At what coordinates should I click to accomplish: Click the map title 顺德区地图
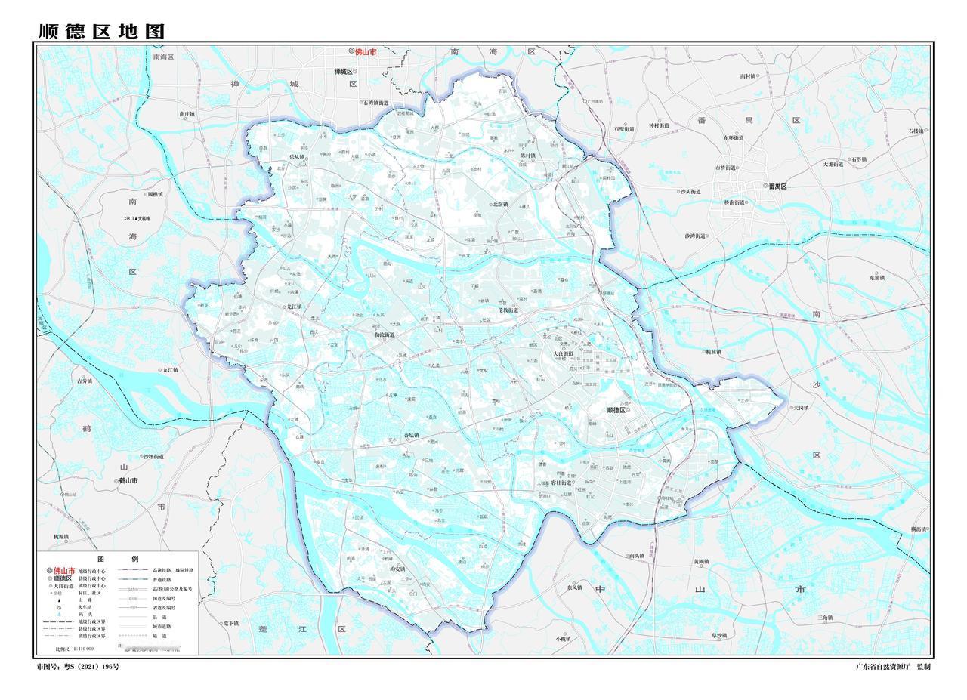coord(101,32)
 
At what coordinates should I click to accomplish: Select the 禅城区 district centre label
coord(344,72)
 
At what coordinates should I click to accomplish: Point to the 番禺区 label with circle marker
coord(777,186)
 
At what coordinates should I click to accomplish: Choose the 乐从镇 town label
coord(296,158)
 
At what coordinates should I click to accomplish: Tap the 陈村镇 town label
coord(527,156)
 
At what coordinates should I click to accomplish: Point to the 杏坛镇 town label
coord(410,436)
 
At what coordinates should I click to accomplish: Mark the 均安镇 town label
coord(397,569)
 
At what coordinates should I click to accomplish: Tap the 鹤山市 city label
coord(127,480)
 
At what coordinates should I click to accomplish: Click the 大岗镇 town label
coord(800,407)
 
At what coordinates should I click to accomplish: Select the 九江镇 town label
coord(168,370)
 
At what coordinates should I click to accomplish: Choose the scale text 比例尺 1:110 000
coord(76,649)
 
